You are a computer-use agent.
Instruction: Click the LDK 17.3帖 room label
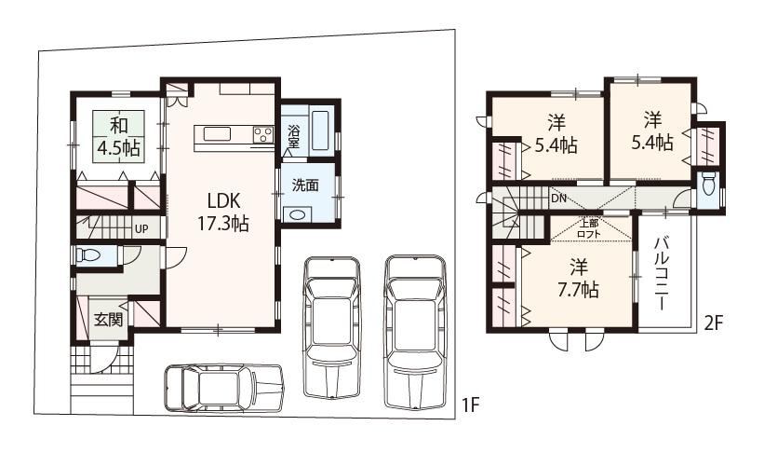pyautogui.click(x=223, y=212)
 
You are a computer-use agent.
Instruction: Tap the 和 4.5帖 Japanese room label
pyautogui.click(x=119, y=136)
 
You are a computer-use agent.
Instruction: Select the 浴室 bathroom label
pyautogui.click(x=293, y=136)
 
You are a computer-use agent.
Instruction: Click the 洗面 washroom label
pyautogui.click(x=305, y=185)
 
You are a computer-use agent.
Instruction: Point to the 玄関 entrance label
pyautogui.click(x=108, y=320)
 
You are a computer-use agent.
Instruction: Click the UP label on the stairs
pyautogui.click(x=141, y=228)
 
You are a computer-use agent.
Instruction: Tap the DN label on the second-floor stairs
pyautogui.click(x=558, y=199)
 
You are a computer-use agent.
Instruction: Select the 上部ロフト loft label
pyautogui.click(x=589, y=228)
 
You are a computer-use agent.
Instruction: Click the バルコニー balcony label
pyautogui.click(x=662, y=273)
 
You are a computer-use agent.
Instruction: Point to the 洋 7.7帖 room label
pyautogui.click(x=579, y=279)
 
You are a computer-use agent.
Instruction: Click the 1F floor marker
pyautogui.click(x=471, y=405)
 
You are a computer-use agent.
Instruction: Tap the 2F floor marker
pyautogui.click(x=714, y=323)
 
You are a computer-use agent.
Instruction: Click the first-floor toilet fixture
pyautogui.click(x=88, y=254)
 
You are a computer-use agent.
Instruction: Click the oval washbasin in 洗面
pyautogui.click(x=297, y=214)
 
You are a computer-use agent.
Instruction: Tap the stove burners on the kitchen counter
pyautogui.click(x=263, y=134)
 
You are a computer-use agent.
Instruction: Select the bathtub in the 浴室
pyautogui.click(x=321, y=130)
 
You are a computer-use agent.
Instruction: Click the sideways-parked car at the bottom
pyautogui.click(x=224, y=388)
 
